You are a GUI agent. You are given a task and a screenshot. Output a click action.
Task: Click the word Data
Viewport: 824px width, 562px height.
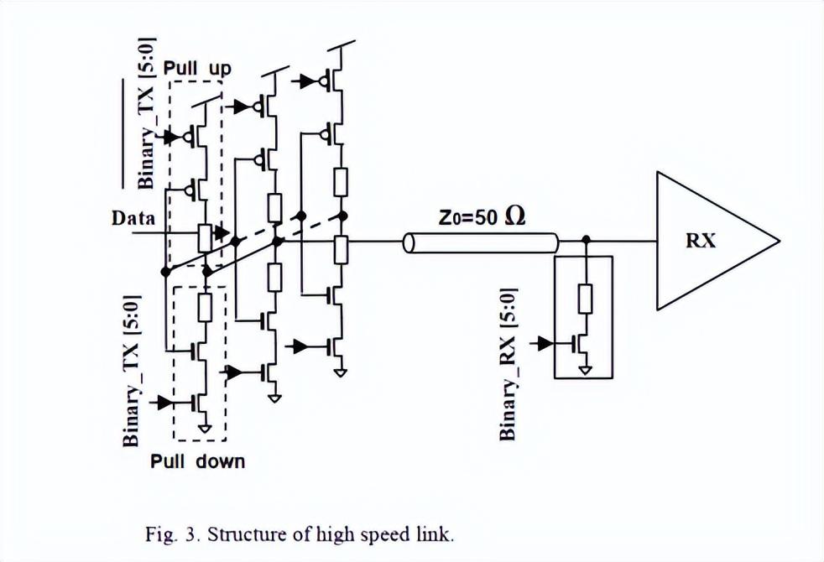click(x=133, y=219)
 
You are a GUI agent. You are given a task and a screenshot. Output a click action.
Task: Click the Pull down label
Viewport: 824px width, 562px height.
click(x=198, y=461)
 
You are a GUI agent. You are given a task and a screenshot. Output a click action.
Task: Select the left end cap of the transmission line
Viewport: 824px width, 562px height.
click(x=409, y=243)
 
